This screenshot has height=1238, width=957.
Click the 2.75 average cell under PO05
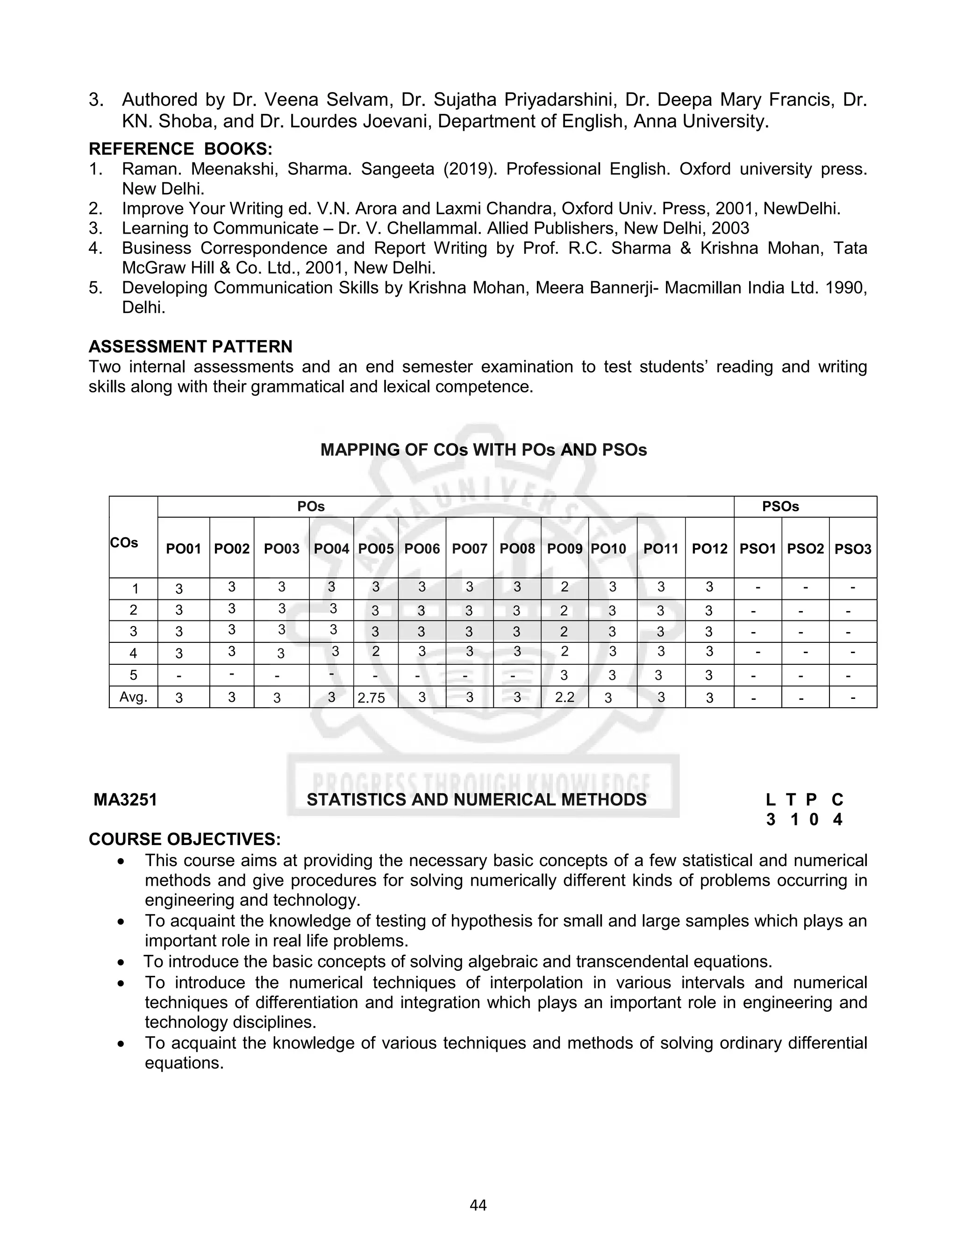371,698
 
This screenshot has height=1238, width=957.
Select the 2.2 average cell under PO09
564,697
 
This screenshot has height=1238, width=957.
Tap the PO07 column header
470,549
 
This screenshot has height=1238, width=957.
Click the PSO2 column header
805,549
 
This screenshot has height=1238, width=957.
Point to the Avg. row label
133,697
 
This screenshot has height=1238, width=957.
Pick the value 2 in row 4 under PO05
375,652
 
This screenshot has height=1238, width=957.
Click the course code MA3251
125,800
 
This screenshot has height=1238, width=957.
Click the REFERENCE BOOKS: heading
180,149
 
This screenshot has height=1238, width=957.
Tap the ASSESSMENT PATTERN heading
191,346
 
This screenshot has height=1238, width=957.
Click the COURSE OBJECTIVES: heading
184,839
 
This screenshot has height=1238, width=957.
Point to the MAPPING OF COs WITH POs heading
483,450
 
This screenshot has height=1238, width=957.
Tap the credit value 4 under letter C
837,820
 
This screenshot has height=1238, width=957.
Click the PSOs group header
780,507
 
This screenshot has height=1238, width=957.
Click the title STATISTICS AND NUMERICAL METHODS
476,800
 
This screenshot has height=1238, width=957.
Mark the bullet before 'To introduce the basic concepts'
121,962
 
